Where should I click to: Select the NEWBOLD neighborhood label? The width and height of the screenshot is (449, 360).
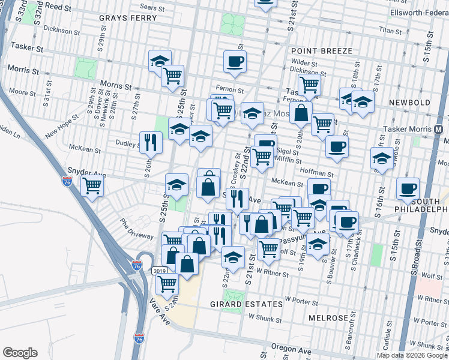point(409,103)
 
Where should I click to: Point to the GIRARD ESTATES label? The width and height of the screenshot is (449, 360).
point(246,304)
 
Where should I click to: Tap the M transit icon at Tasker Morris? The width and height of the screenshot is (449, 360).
point(438,129)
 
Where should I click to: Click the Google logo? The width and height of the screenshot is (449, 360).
point(20,352)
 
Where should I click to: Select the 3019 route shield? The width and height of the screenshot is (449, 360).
point(159,271)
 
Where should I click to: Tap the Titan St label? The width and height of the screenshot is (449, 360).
point(390,29)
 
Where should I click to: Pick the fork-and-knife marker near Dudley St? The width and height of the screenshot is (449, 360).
point(151,142)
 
